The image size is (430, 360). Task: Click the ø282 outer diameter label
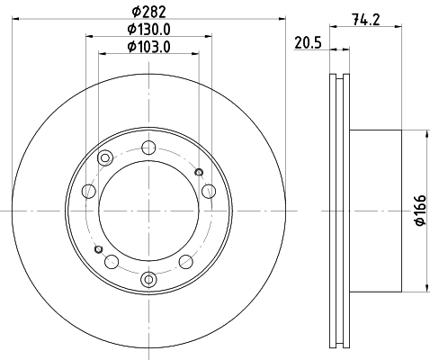tap(148, 12)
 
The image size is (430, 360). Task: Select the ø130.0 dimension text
tap(148, 30)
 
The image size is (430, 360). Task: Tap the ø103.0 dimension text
tap(148, 47)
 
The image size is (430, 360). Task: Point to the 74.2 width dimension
tap(366, 20)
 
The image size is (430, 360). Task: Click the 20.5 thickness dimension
tap(308, 42)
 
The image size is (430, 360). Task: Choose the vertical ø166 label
tap(420, 210)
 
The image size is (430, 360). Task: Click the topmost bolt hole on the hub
tap(148, 148)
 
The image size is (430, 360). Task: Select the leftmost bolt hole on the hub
tap(89, 191)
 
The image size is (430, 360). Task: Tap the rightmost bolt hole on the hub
tap(209, 191)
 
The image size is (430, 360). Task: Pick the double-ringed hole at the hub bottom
tap(148, 280)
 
